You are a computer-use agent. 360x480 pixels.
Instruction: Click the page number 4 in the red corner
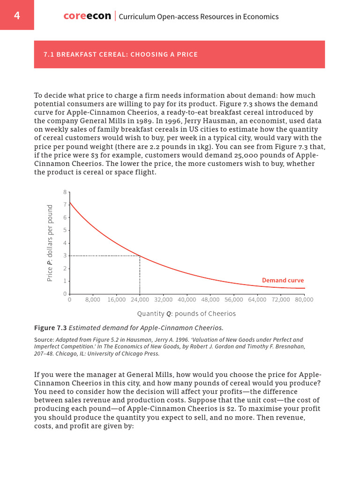(x=17, y=15)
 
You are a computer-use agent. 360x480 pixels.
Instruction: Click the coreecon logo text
(x=87, y=16)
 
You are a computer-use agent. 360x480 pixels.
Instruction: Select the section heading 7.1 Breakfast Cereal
(x=120, y=54)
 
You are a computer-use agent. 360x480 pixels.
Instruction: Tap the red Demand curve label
(x=283, y=280)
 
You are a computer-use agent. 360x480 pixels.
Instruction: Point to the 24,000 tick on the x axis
(x=140, y=299)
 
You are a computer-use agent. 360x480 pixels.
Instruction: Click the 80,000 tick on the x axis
(x=304, y=299)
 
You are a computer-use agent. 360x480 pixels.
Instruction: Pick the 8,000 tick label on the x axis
(x=93, y=299)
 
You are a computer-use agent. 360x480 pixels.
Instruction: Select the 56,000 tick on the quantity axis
(x=234, y=299)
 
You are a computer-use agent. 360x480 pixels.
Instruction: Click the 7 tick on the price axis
(x=64, y=205)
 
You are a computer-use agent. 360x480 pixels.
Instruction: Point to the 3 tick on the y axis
(x=64, y=256)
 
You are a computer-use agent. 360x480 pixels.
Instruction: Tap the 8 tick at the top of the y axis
(x=64, y=192)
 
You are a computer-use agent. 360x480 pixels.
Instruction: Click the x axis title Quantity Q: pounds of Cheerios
(x=187, y=313)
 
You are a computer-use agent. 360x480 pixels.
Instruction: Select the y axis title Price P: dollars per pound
(x=50, y=243)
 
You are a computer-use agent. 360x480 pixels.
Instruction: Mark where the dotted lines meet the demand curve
(x=140, y=256)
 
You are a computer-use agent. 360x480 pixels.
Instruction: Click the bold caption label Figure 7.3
(x=51, y=327)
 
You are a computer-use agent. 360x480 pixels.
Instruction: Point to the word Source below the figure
(x=44, y=339)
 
